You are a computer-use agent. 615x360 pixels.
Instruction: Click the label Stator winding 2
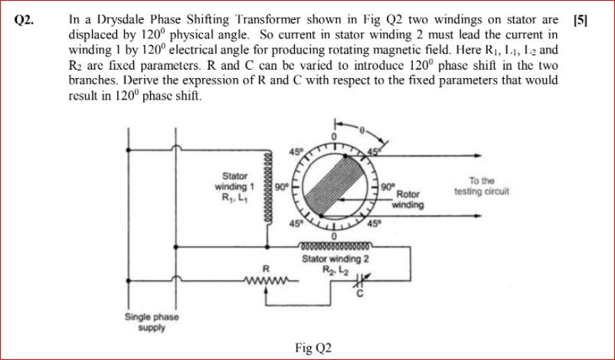pos(335,258)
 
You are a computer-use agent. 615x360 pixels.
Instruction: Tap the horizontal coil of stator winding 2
pos(335,246)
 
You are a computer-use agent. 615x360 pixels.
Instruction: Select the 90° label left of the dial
pos(280,185)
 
